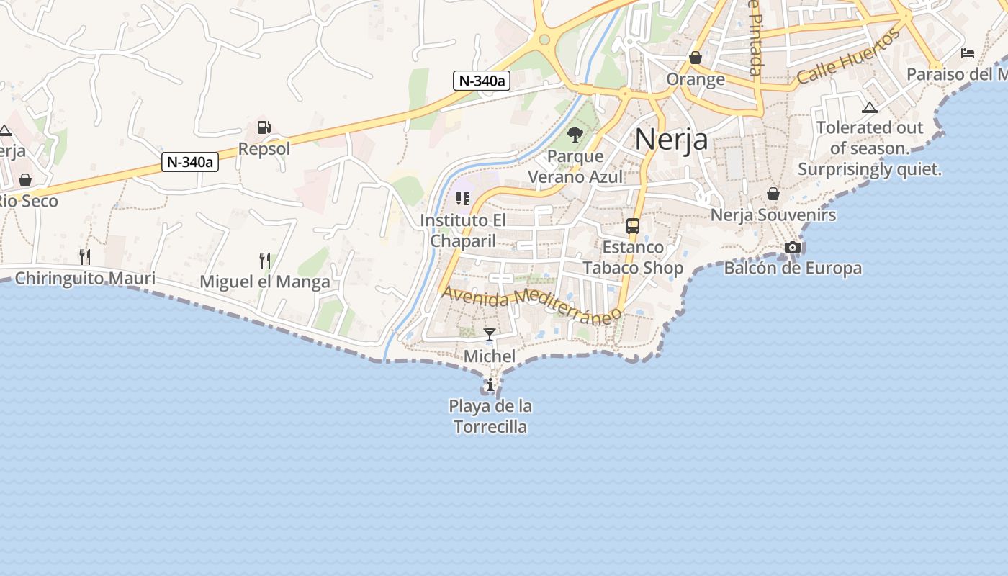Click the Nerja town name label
click(x=671, y=139)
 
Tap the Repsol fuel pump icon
click(x=264, y=127)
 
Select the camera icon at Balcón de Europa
click(x=793, y=247)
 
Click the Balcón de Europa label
click(x=793, y=269)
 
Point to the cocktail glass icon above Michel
click(x=490, y=334)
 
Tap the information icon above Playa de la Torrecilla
click(x=490, y=385)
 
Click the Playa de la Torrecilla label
click(x=490, y=416)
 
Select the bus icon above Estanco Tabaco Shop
click(x=633, y=226)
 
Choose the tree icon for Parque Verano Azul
click(x=575, y=134)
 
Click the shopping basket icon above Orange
click(x=696, y=58)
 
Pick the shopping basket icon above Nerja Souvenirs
click(x=773, y=194)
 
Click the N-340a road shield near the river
click(x=482, y=81)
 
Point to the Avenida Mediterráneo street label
click(x=531, y=305)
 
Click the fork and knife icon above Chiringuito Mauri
click(x=85, y=256)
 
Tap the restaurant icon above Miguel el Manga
click(x=265, y=260)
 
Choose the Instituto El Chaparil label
click(x=463, y=230)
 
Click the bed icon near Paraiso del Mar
click(x=968, y=53)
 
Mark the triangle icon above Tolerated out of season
click(x=870, y=108)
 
